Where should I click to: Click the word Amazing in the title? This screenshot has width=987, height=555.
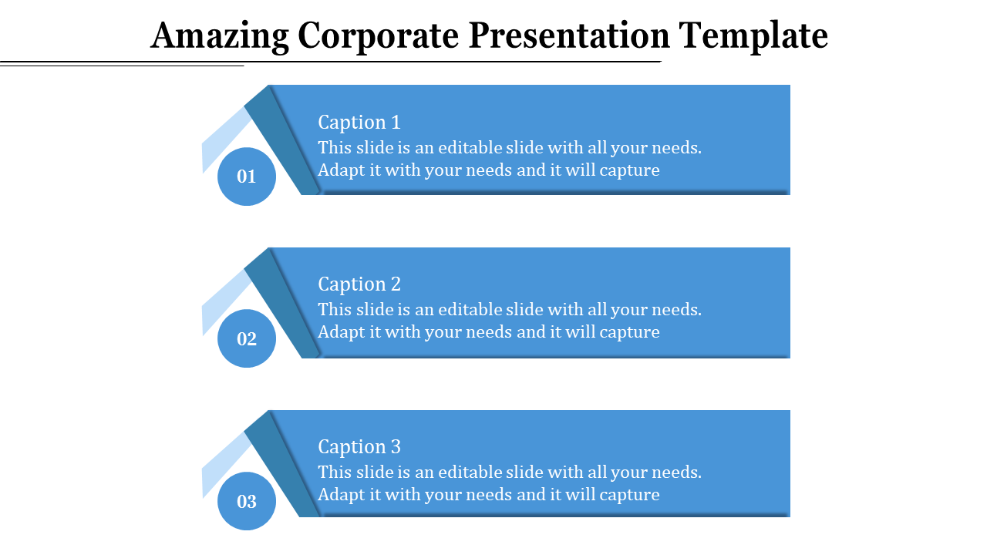click(x=220, y=35)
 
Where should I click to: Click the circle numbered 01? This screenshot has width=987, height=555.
click(x=247, y=177)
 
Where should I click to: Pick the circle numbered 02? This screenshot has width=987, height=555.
click(x=247, y=338)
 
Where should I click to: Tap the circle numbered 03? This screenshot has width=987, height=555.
click(x=247, y=501)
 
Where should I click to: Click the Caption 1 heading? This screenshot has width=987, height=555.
click(x=359, y=122)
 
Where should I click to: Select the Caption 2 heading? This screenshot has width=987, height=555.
click(x=359, y=284)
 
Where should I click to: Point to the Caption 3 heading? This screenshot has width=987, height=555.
click(x=359, y=446)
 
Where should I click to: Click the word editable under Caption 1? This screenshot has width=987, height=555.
click(x=469, y=147)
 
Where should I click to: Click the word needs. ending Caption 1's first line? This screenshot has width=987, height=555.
click(x=676, y=147)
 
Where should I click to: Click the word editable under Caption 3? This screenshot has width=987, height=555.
click(x=469, y=472)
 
